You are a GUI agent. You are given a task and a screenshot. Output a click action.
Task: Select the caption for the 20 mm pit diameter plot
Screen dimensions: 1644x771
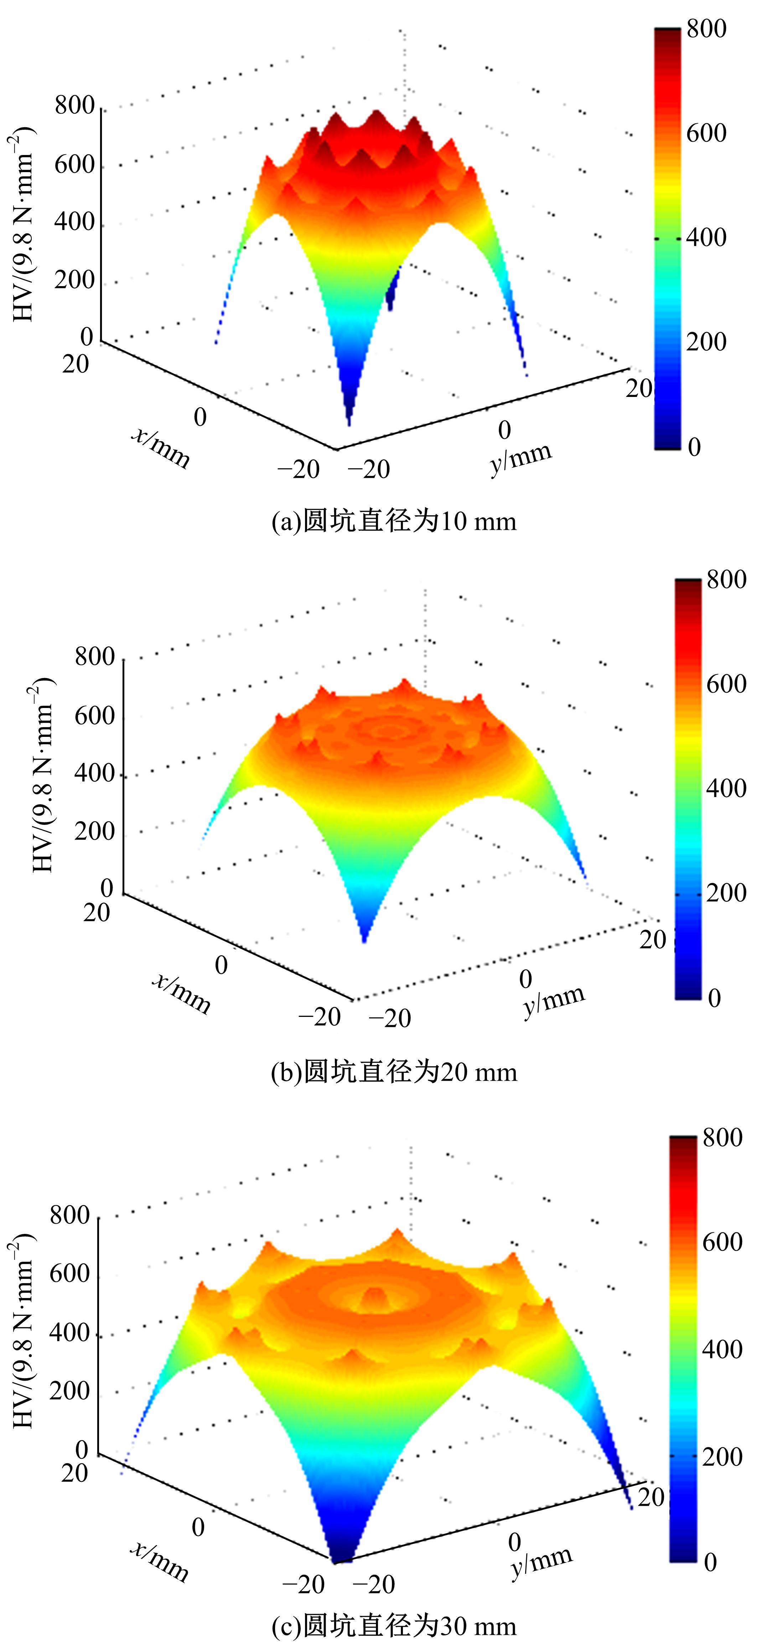point(394,1071)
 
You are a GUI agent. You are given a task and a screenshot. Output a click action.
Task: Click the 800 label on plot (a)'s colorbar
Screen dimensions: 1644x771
point(706,29)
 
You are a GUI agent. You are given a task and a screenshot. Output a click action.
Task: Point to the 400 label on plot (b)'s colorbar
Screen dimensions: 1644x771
point(726,788)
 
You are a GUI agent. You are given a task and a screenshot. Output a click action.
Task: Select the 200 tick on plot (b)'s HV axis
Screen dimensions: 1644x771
point(94,831)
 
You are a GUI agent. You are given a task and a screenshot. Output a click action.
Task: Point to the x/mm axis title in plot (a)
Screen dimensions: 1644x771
point(161,448)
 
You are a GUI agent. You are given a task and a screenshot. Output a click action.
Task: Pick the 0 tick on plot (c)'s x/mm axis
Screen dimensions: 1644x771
point(198,1527)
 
